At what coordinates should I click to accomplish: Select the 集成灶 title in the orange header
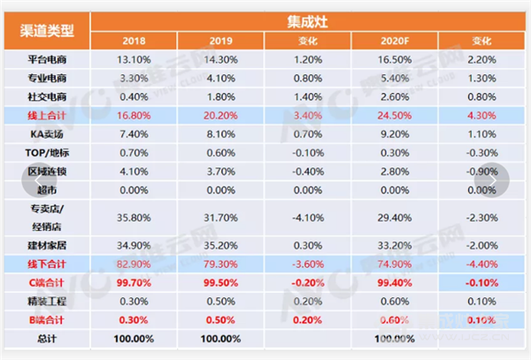tap(306, 20)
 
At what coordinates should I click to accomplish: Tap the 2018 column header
tap(134, 41)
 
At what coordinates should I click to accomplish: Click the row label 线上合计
tap(49, 116)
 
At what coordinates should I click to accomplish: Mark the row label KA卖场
tap(49, 134)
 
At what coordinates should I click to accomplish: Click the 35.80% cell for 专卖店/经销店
tap(134, 218)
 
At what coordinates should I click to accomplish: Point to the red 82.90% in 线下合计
tap(134, 264)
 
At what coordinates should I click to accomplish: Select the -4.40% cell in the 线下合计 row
tap(482, 264)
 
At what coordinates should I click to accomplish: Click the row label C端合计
tap(49, 283)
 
